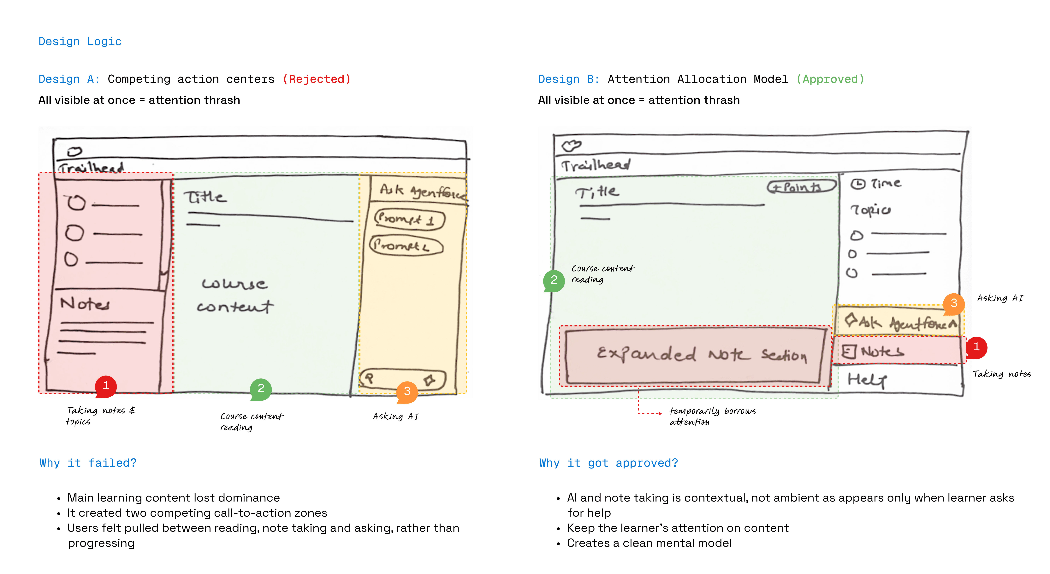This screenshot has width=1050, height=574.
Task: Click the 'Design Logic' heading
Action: tap(80, 42)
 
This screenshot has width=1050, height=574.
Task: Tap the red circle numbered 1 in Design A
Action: tap(106, 386)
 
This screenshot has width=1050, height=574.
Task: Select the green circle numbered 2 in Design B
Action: tap(554, 280)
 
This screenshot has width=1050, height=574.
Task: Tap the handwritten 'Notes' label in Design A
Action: tap(85, 304)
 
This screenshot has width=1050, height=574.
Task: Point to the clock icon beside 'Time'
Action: tap(858, 184)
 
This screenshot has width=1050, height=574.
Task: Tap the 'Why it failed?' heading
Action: tap(88, 463)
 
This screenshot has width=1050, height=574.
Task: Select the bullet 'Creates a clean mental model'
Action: tap(649, 543)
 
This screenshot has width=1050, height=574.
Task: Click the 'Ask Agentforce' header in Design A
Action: tap(422, 191)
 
